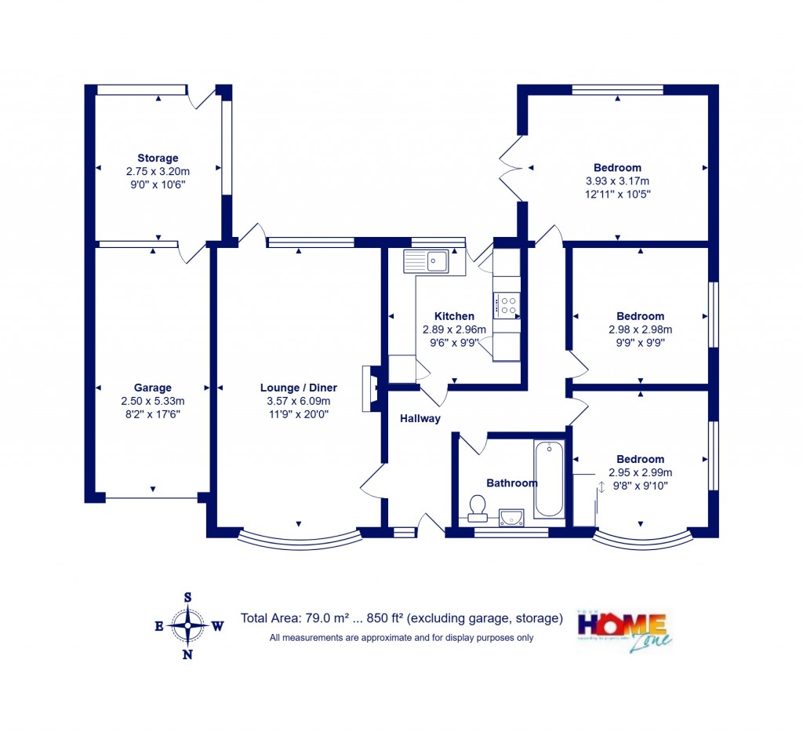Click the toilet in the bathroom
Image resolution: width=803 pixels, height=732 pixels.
[476, 509]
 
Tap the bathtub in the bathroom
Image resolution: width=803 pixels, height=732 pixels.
[549, 479]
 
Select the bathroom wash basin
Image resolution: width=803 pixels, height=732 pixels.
[511, 515]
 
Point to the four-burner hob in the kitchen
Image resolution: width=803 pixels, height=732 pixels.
[506, 304]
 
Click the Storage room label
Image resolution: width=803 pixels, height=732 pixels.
[158, 158]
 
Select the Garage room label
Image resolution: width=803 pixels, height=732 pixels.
[152, 388]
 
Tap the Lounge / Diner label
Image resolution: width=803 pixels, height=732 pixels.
[299, 388]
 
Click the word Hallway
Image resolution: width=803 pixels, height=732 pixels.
[420, 419]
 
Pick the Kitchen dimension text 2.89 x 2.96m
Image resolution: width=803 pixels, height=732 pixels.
[454, 330]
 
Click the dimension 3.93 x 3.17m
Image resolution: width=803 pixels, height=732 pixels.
[617, 180]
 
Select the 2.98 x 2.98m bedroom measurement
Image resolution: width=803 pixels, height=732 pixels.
[640, 330]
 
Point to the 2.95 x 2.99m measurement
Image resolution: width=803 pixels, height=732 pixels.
[640, 472]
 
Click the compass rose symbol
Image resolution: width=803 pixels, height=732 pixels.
[188, 625]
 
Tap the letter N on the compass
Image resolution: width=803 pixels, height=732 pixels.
[188, 655]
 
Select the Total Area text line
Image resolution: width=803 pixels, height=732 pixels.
[401, 618]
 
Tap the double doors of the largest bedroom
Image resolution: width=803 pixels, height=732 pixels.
[511, 167]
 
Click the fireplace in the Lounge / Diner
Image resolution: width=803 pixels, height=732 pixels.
[368, 388]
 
